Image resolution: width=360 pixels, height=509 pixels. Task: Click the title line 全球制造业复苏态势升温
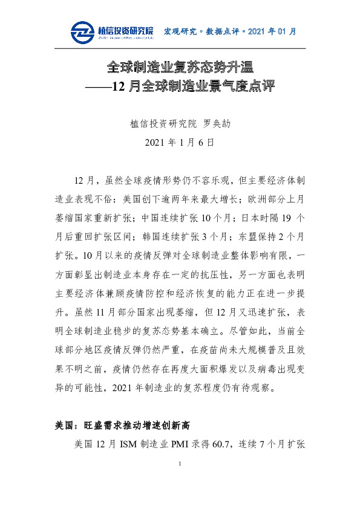click(180, 66)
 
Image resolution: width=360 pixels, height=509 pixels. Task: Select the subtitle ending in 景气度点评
click(180, 86)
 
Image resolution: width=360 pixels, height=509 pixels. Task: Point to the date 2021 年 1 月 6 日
click(180, 143)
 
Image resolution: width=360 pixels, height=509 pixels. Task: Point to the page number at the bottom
click(180, 480)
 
